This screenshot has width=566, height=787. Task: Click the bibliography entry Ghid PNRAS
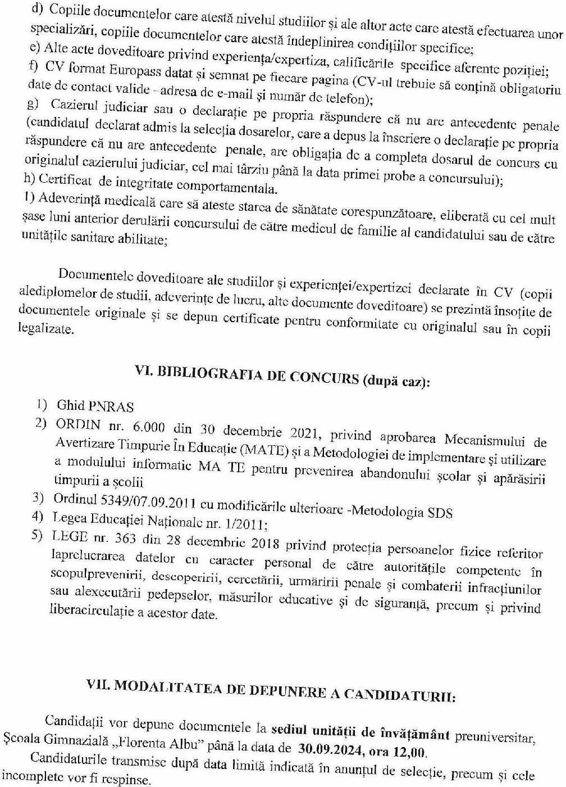(x=95, y=405)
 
